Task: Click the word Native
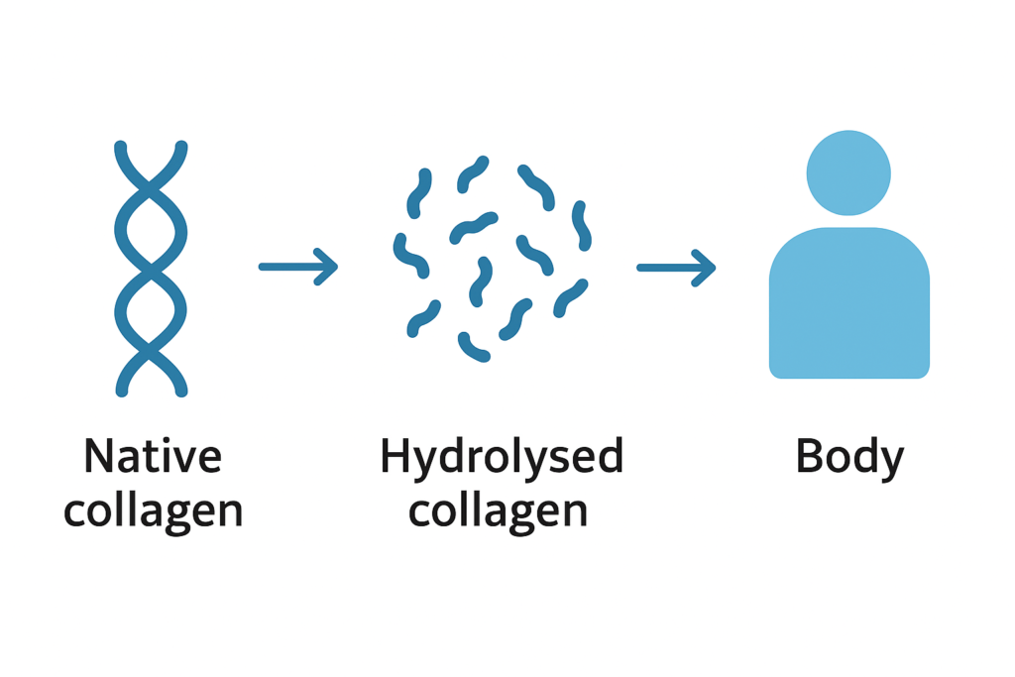153,457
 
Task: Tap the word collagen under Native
153,511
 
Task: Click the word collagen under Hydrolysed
498,511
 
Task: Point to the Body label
849,459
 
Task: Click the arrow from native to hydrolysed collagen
297,266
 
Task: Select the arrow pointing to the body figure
676,267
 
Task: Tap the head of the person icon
848,173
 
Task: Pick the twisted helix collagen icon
151,268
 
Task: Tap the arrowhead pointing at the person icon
707,267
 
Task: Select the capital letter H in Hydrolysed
395,457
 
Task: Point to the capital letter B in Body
809,457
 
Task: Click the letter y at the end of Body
891,463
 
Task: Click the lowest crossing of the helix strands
151,351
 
